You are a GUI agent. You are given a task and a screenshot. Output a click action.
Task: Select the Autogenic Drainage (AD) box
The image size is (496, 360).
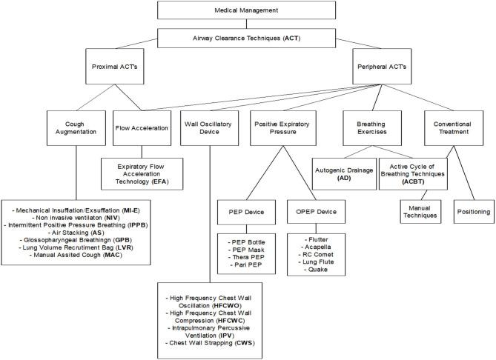pyautogui.click(x=344, y=173)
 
